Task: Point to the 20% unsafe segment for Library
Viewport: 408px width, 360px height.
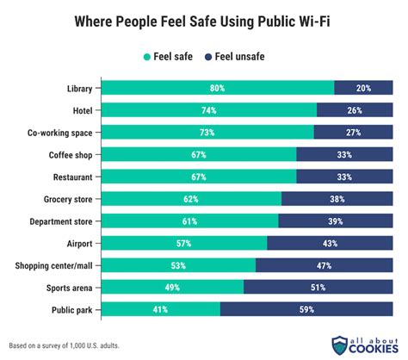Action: (x=364, y=88)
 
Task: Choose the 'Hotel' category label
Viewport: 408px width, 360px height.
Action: (x=83, y=109)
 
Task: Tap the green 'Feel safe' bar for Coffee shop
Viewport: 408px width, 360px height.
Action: (x=199, y=154)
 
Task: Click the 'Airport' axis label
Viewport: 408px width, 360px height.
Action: (x=81, y=243)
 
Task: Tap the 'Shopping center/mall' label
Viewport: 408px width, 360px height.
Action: (x=53, y=265)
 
